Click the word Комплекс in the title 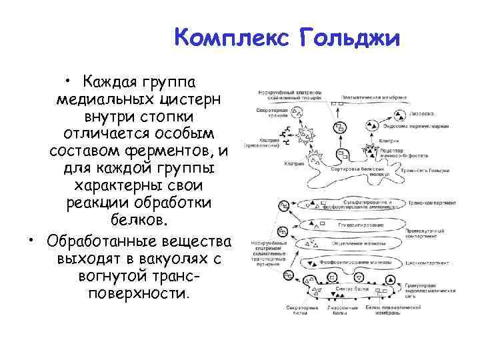point(231,38)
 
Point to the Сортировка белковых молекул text point(359,171)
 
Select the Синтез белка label point(348,288)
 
